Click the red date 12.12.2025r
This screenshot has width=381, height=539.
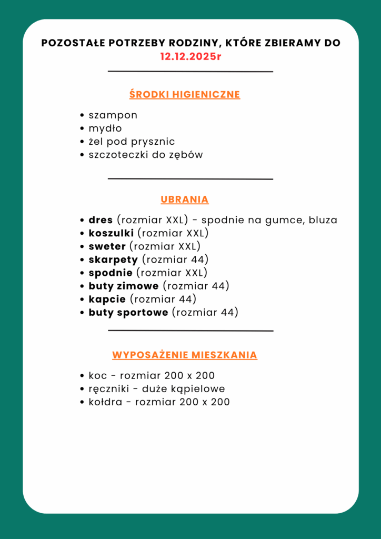pyautogui.click(x=190, y=56)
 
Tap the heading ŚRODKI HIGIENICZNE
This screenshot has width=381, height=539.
pyautogui.click(x=185, y=95)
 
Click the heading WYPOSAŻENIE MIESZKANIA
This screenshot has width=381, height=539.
pyautogui.click(x=185, y=355)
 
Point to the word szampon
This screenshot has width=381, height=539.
pyautogui.click(x=113, y=115)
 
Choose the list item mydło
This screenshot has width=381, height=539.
pyautogui.click(x=105, y=128)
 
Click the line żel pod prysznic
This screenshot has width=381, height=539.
pyautogui.click(x=132, y=142)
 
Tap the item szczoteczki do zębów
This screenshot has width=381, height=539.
pyautogui.click(x=146, y=155)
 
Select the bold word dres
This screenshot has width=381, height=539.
pyautogui.click(x=101, y=220)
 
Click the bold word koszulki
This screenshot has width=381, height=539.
pyautogui.click(x=111, y=233)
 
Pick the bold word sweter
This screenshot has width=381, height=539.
pyautogui.click(x=107, y=246)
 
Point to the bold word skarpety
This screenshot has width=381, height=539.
pyautogui.click(x=113, y=259)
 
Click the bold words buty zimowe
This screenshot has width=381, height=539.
pyautogui.click(x=123, y=286)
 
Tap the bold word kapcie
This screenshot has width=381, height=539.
pyautogui.click(x=107, y=299)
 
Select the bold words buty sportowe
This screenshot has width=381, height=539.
pyautogui.click(x=128, y=313)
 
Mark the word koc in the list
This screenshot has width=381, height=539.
pyautogui.click(x=97, y=376)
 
